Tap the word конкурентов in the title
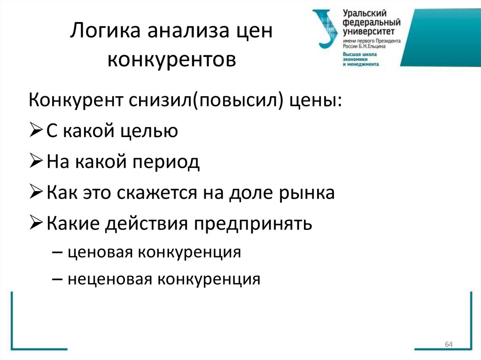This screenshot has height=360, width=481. [172, 60]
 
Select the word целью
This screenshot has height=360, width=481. [150, 131]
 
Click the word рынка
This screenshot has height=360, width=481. [307, 193]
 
